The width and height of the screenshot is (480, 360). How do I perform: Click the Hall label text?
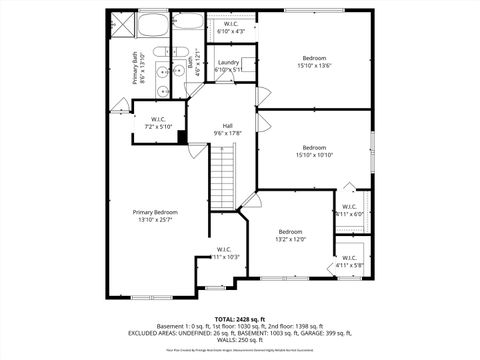(x=228, y=125)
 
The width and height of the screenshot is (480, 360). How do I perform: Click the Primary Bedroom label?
(x=156, y=212)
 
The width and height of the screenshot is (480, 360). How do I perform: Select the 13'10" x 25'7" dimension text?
(x=156, y=220)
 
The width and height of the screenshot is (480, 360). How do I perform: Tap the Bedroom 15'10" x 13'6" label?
(x=316, y=60)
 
